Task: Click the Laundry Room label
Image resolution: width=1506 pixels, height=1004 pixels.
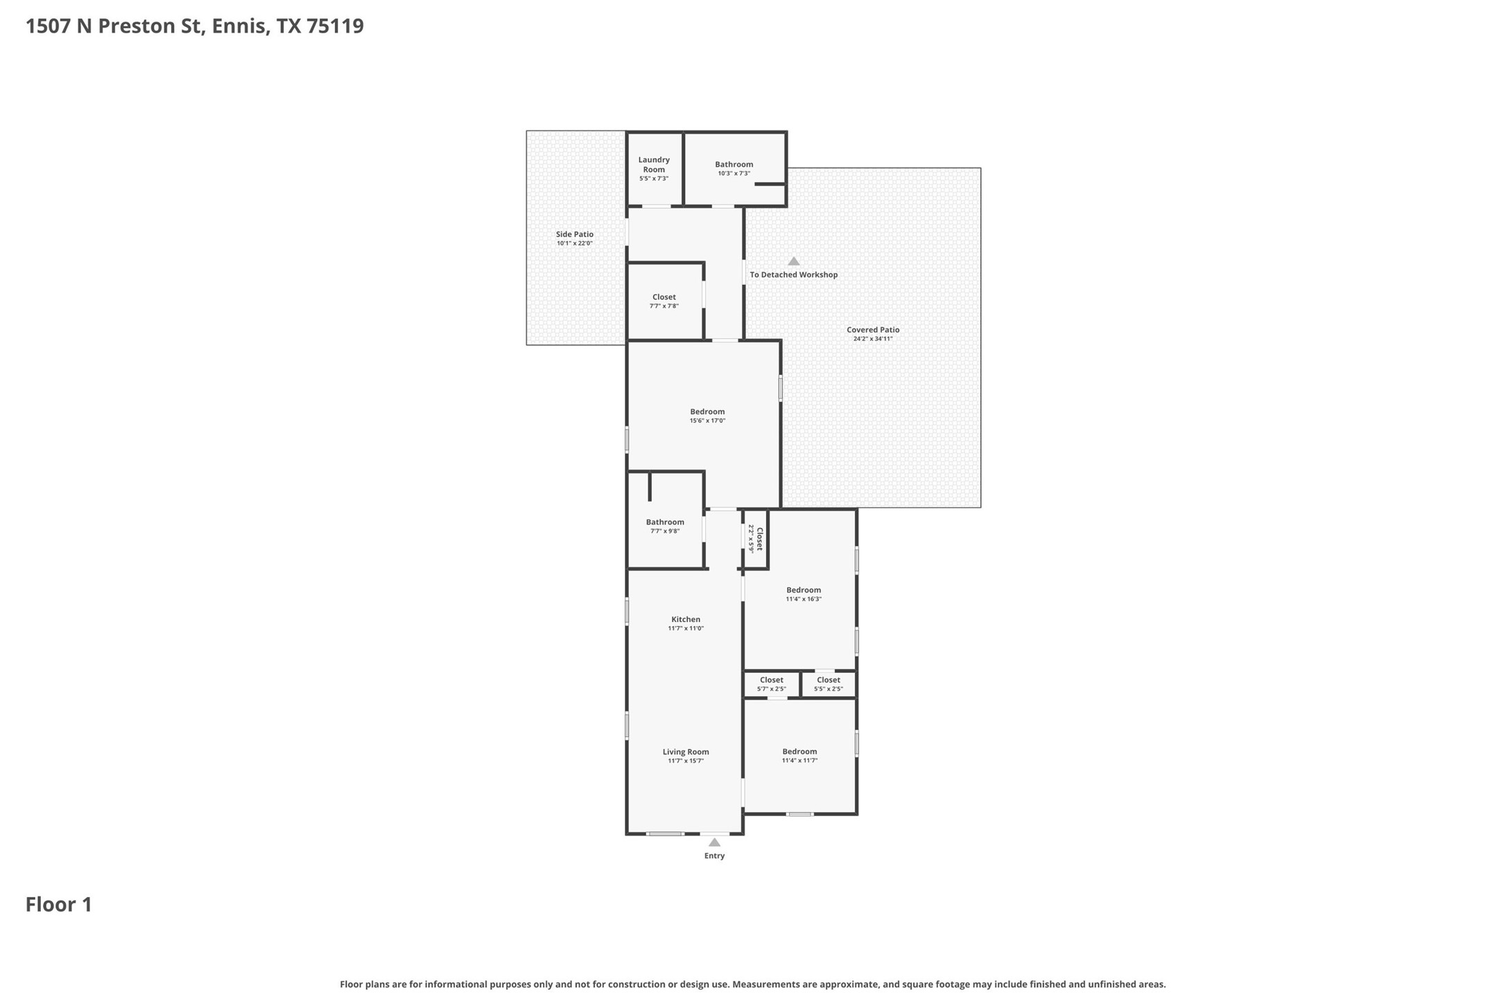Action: coord(654,164)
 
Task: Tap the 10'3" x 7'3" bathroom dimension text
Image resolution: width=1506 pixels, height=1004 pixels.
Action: coord(734,173)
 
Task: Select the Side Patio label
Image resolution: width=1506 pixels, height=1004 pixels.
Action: coord(575,234)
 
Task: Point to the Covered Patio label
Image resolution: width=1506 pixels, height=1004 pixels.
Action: coord(873,330)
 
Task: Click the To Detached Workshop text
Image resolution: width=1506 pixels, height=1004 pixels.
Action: coord(794,275)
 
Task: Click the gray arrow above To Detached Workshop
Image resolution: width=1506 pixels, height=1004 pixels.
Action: coord(794,261)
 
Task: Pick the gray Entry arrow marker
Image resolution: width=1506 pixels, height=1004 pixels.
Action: coord(714,842)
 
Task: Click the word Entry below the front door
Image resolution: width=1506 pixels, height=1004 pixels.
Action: coord(714,856)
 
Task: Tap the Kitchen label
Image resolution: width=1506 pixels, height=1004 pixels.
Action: coord(686,619)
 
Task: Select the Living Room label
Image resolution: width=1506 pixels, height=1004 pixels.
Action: coord(686,752)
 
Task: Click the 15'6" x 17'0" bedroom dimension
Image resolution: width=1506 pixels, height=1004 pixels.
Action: coord(707,421)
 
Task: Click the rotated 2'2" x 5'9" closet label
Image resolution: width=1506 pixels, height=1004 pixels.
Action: coord(755,539)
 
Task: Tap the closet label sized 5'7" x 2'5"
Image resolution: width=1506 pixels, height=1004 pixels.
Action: coord(771,684)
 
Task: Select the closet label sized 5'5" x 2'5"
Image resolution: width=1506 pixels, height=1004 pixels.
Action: coord(828,684)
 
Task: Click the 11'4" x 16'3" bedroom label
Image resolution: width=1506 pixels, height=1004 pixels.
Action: coord(804,594)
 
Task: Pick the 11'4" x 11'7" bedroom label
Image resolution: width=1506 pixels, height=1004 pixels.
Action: coord(799,756)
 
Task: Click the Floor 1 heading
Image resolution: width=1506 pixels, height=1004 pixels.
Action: coord(59,904)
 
